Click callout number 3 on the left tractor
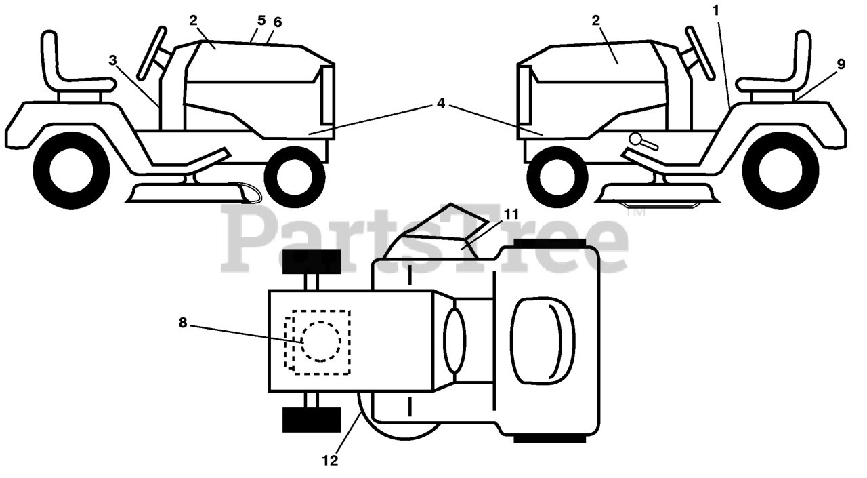[112, 60]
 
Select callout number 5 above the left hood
[261, 21]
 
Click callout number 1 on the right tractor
[717, 11]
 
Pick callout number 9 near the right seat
[841, 64]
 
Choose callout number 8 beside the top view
[183, 323]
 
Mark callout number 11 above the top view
[511, 214]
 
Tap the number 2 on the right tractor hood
[596, 21]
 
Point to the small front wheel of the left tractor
[294, 178]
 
